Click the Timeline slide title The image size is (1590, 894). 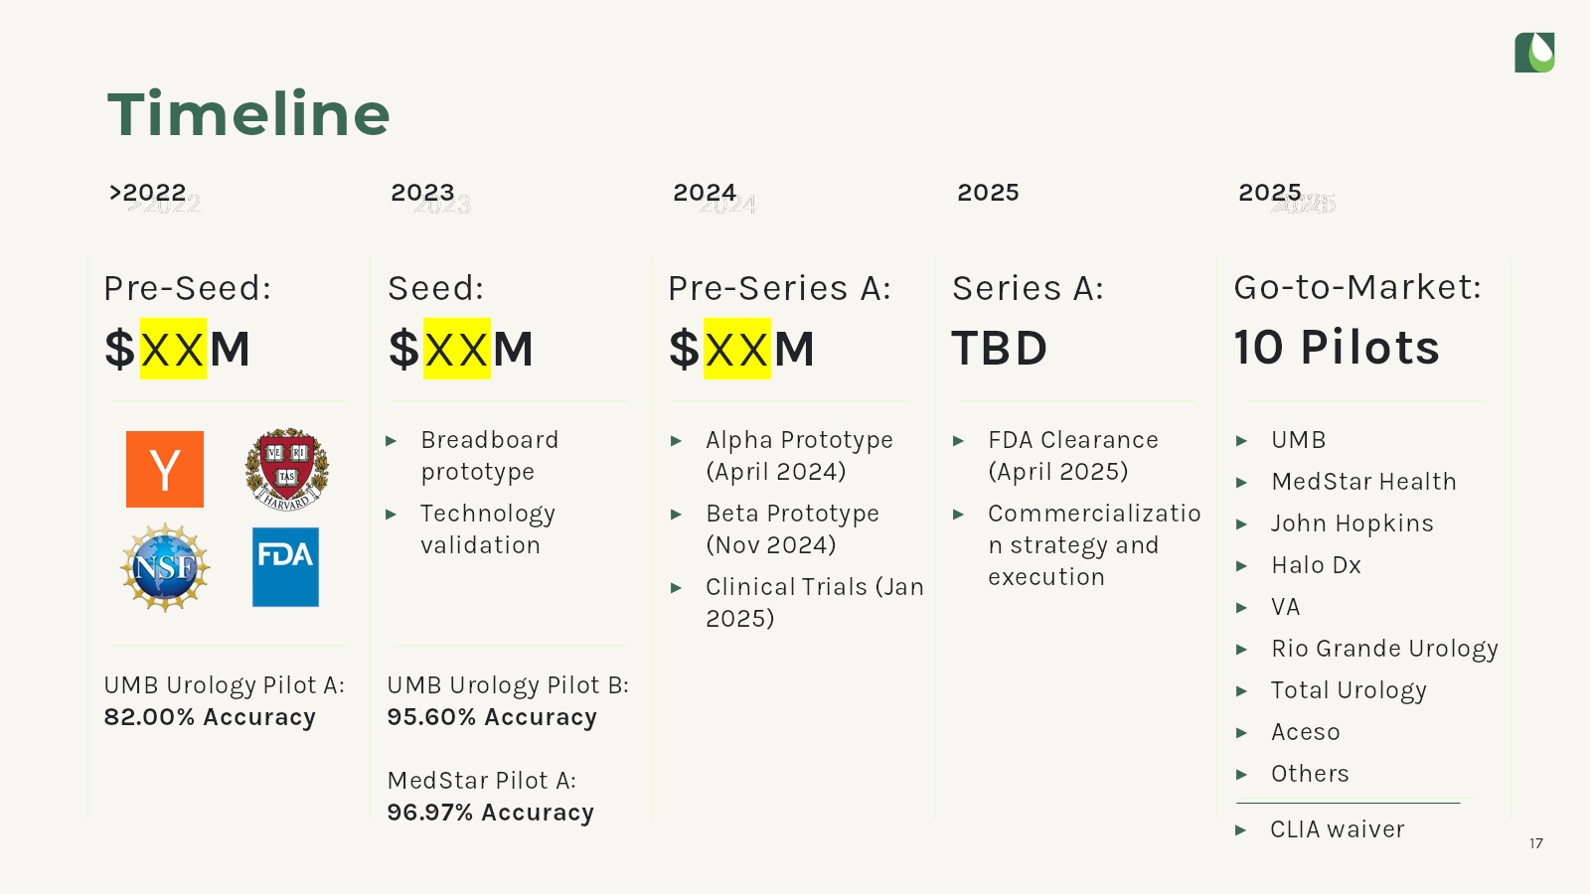(248, 113)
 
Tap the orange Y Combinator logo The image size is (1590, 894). (165, 469)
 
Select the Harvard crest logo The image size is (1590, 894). (287, 469)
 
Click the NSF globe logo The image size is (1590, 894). (165, 567)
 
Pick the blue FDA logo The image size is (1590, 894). (285, 567)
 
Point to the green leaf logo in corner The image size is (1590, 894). (1534, 52)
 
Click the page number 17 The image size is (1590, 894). (1536, 843)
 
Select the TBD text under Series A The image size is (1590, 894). (1000, 349)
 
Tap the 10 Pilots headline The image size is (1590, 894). (1337, 348)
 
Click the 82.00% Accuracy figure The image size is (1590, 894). (210, 716)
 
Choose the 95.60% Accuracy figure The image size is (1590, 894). (492, 716)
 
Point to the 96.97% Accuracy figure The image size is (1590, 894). (491, 812)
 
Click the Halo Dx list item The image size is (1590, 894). (1316, 565)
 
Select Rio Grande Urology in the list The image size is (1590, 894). (1384, 649)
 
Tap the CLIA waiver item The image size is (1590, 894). (1338, 828)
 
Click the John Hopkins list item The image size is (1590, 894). (1352, 523)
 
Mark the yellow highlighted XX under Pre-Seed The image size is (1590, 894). (173, 349)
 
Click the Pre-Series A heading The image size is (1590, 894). (779, 288)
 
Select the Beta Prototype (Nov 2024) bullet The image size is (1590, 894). (792, 528)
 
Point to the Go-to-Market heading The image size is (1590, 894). (1357, 287)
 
